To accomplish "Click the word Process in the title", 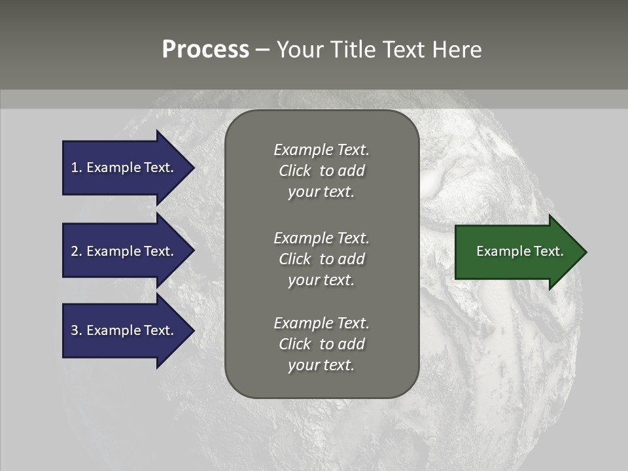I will (205, 50).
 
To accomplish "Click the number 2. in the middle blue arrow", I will (77, 251).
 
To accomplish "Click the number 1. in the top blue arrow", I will (76, 167).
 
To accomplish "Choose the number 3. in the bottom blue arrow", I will (77, 330).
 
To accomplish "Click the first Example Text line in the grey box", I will (321, 150).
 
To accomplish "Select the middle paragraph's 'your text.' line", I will (321, 280).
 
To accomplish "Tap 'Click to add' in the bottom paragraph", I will (321, 344).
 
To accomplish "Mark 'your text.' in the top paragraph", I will (321, 192).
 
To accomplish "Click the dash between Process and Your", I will (263, 50).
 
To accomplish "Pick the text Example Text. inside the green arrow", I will (519, 251).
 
